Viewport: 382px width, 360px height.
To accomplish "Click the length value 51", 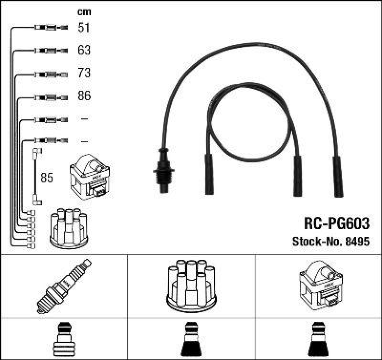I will click(x=84, y=28).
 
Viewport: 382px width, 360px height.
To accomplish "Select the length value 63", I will click(x=84, y=50).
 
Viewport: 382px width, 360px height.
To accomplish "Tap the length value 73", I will click(x=84, y=73).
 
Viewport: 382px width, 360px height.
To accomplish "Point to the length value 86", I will click(x=84, y=96).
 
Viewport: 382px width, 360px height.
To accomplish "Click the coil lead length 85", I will click(x=47, y=179).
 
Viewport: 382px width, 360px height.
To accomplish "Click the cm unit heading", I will click(x=84, y=12).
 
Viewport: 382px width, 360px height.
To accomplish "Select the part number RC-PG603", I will click(x=336, y=223).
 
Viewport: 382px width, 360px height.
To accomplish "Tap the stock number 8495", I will click(x=356, y=242).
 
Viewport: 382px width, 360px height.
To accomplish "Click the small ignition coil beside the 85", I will click(x=90, y=178).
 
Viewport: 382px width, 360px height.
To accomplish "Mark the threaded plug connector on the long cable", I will click(x=163, y=171).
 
